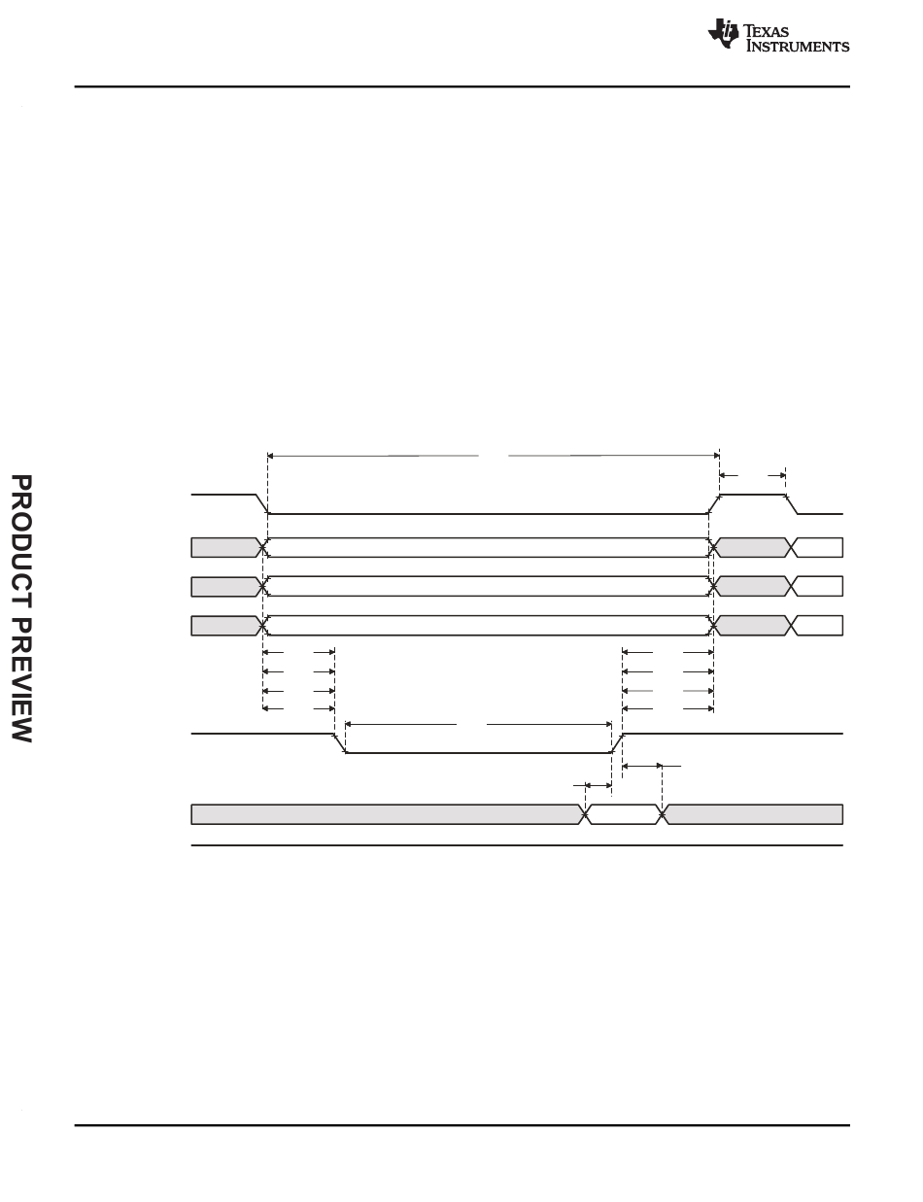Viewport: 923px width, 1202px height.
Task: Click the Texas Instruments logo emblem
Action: [723, 33]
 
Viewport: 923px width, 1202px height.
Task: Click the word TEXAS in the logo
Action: [766, 31]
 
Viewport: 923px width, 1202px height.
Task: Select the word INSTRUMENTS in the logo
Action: [798, 46]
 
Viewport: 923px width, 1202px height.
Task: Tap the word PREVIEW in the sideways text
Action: [21, 680]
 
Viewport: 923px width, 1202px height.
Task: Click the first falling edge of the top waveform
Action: [261, 504]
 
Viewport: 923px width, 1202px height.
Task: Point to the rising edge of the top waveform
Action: [714, 504]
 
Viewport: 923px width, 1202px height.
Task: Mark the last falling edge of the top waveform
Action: [792, 504]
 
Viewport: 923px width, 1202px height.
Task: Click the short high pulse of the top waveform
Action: [753, 495]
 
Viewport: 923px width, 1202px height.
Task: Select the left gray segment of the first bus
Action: [225, 547]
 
